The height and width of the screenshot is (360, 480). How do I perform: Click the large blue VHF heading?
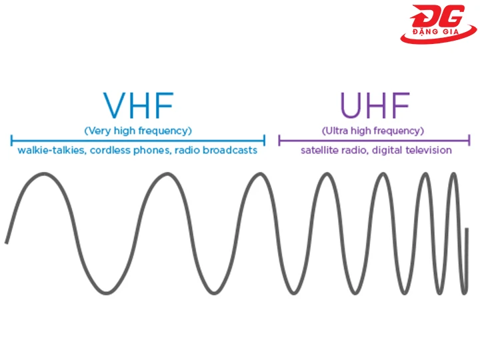pyautogui.click(x=138, y=106)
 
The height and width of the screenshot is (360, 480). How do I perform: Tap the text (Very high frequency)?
pyautogui.click(x=138, y=130)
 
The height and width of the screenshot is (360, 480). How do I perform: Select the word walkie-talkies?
pyautogui.click(x=49, y=151)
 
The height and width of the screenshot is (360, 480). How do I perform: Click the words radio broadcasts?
pyautogui.click(x=216, y=151)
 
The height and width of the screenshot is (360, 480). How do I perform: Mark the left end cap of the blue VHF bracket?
pyautogui.click(x=11, y=140)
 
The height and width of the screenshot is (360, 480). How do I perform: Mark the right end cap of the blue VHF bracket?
pyautogui.click(x=265, y=140)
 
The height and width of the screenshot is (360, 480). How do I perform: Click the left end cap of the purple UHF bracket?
pyautogui.click(x=279, y=140)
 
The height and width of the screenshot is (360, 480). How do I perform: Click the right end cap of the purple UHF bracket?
pyautogui.click(x=469, y=140)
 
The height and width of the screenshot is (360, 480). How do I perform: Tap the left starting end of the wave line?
pyautogui.click(x=6, y=242)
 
